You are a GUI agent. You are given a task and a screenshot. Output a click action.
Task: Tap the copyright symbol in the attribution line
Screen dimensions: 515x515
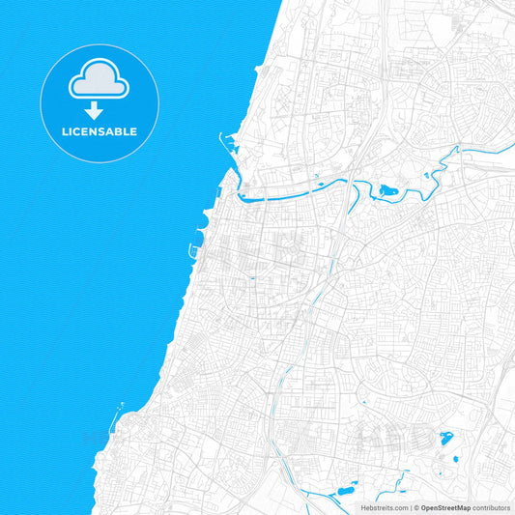(415, 506)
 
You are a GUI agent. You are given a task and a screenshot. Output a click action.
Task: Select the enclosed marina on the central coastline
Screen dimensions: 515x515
(201, 233)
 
